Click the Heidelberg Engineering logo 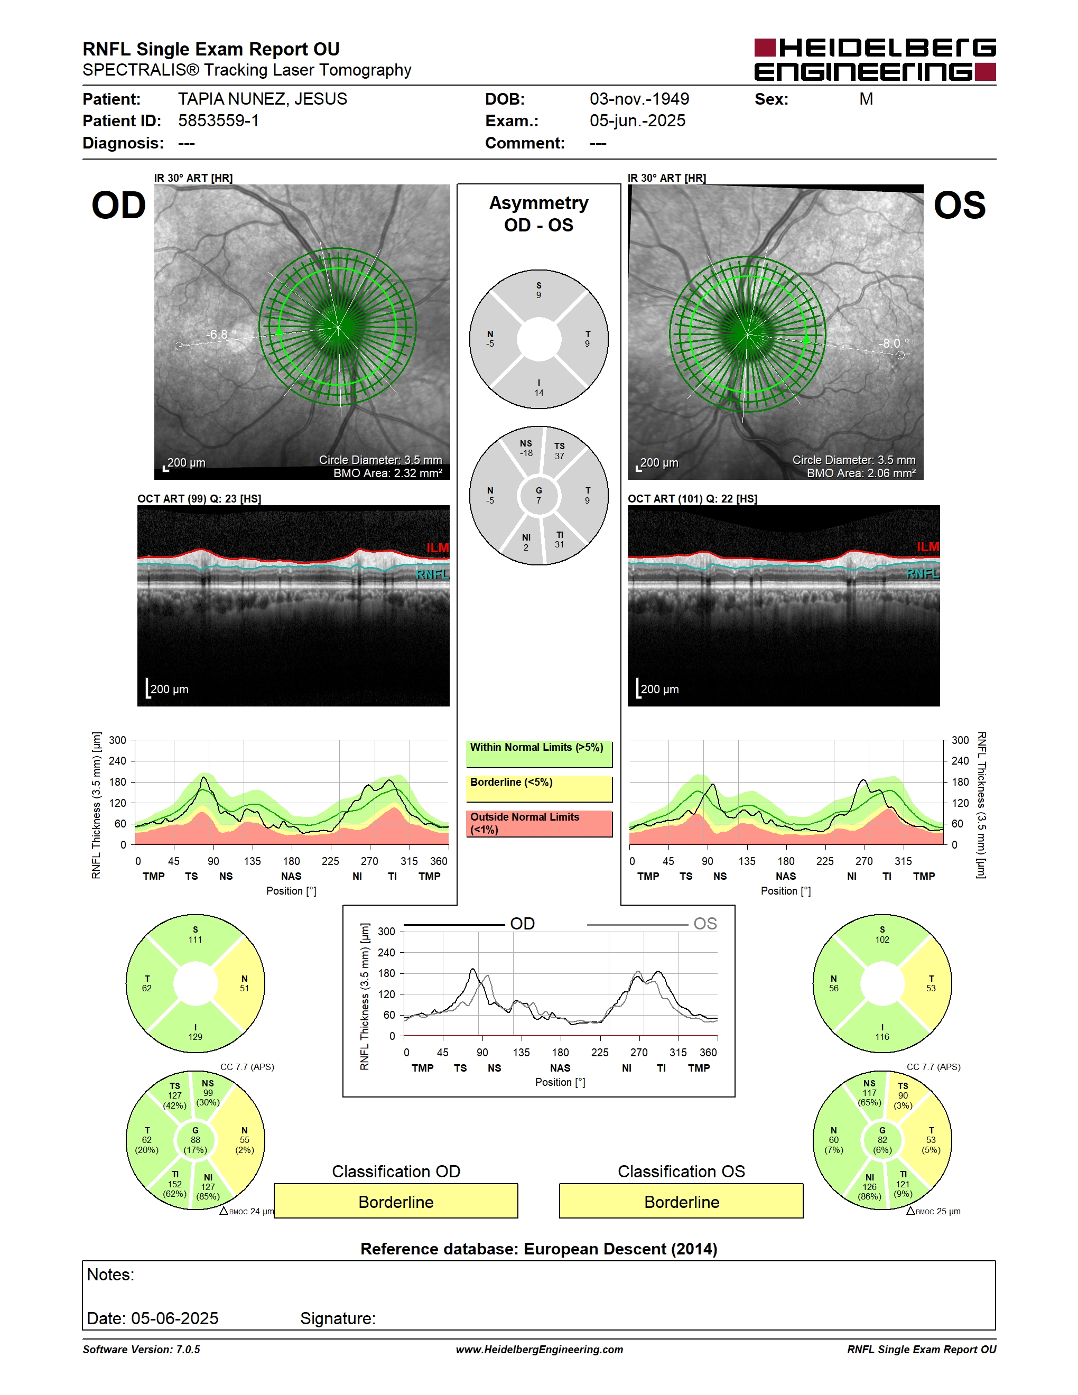pyautogui.click(x=875, y=60)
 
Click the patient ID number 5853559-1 pyautogui.click(x=218, y=120)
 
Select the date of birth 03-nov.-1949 pyautogui.click(x=639, y=99)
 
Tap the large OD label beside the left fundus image pyautogui.click(x=119, y=206)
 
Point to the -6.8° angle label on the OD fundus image pyautogui.click(x=221, y=334)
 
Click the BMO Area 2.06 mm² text pyautogui.click(x=861, y=473)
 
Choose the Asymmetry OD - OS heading pyautogui.click(x=538, y=214)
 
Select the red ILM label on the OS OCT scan pyautogui.click(x=927, y=547)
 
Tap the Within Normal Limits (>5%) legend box pyautogui.click(x=539, y=754)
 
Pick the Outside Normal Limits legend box pyautogui.click(x=539, y=824)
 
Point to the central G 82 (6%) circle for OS pyautogui.click(x=882, y=1140)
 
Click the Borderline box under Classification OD pyautogui.click(x=396, y=1202)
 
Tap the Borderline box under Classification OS pyautogui.click(x=682, y=1202)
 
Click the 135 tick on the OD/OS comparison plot pyautogui.click(x=521, y=1052)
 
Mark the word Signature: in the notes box pyautogui.click(x=338, y=1318)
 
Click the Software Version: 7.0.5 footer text pyautogui.click(x=141, y=1350)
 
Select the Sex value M pyautogui.click(x=866, y=99)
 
